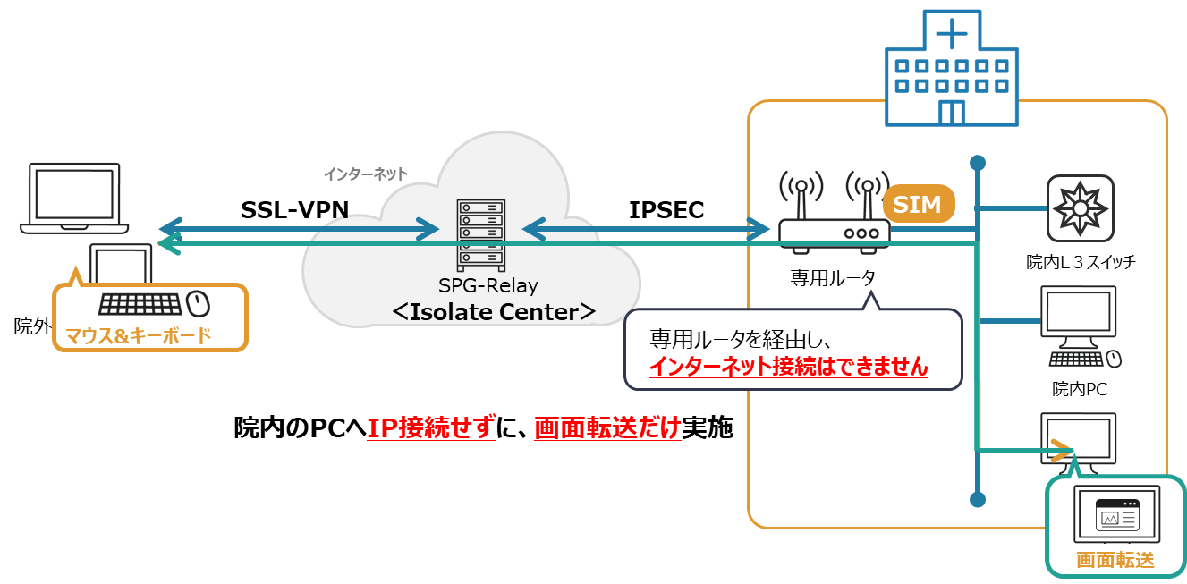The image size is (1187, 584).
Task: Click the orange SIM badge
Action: [918, 205]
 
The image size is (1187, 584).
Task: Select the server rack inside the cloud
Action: [480, 234]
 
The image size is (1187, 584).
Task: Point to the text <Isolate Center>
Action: [494, 312]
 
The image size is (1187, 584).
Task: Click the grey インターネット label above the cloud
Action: [365, 174]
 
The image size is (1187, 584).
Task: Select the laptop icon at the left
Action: [74, 199]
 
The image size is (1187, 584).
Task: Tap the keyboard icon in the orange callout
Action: [140, 305]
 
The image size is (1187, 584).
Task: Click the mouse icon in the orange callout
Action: [199, 304]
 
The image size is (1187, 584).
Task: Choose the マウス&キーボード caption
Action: [139, 336]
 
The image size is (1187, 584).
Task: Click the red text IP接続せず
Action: [430, 428]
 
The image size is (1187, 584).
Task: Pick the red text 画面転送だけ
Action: [606, 428]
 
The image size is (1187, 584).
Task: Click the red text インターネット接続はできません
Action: [788, 366]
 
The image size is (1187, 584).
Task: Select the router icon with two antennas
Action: [833, 217]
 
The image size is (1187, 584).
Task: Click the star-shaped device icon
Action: [1081, 208]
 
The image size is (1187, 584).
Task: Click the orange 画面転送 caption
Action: [1115, 561]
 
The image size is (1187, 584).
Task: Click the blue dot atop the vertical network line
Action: [978, 163]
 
